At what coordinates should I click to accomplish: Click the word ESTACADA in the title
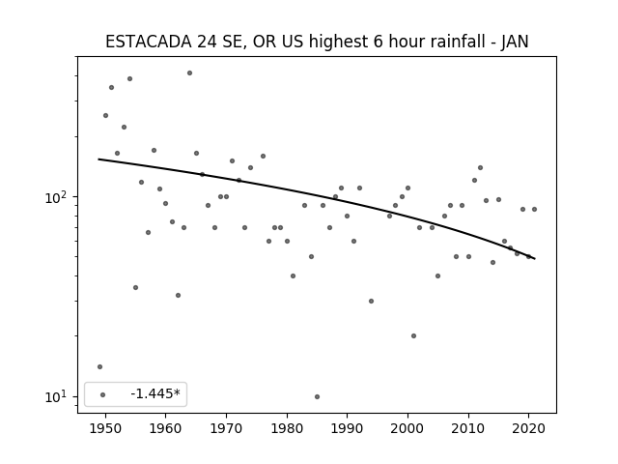[149, 42]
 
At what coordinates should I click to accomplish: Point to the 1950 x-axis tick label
[105, 428]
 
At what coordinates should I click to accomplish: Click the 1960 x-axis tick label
[165, 428]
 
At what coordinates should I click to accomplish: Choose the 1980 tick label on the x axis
[287, 428]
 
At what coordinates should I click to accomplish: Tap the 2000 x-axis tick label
[407, 428]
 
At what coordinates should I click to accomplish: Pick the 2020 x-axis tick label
[529, 428]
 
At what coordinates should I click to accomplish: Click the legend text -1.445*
[155, 393]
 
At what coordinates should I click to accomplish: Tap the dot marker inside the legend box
[103, 394]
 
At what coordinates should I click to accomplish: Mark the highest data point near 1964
[189, 73]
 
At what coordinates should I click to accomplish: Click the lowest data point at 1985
[318, 396]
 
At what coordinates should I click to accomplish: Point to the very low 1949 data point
[99, 367]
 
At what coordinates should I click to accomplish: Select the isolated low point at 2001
[414, 335]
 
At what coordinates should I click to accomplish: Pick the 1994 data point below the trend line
[371, 301]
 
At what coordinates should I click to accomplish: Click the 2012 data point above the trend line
[481, 167]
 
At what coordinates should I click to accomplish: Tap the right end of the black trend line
[534, 258]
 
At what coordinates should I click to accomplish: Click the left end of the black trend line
[98, 159]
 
